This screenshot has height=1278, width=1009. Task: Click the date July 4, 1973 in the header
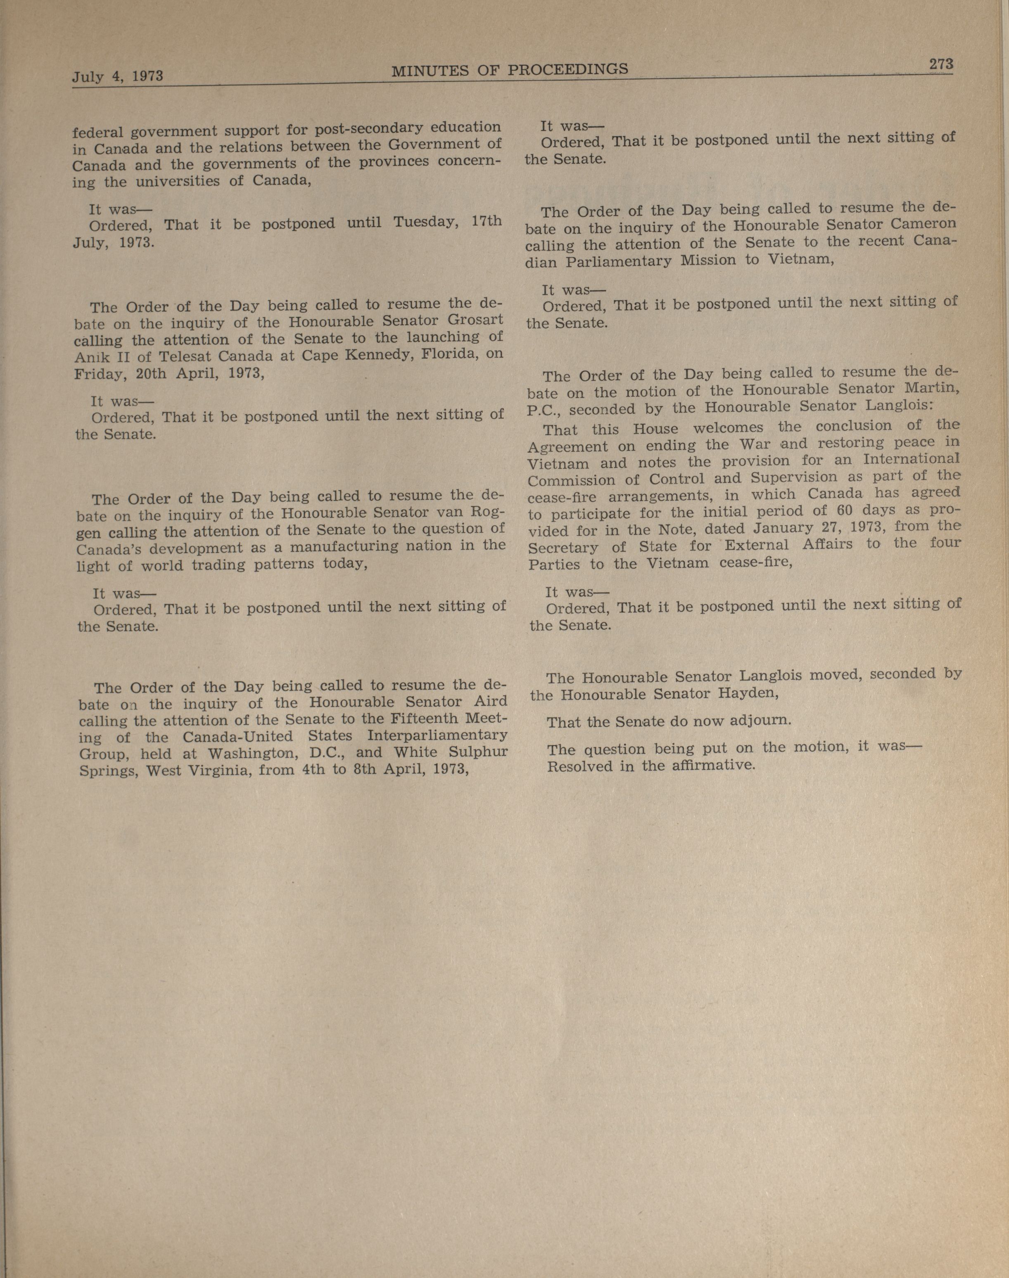point(118,76)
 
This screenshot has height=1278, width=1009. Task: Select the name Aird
point(490,701)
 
